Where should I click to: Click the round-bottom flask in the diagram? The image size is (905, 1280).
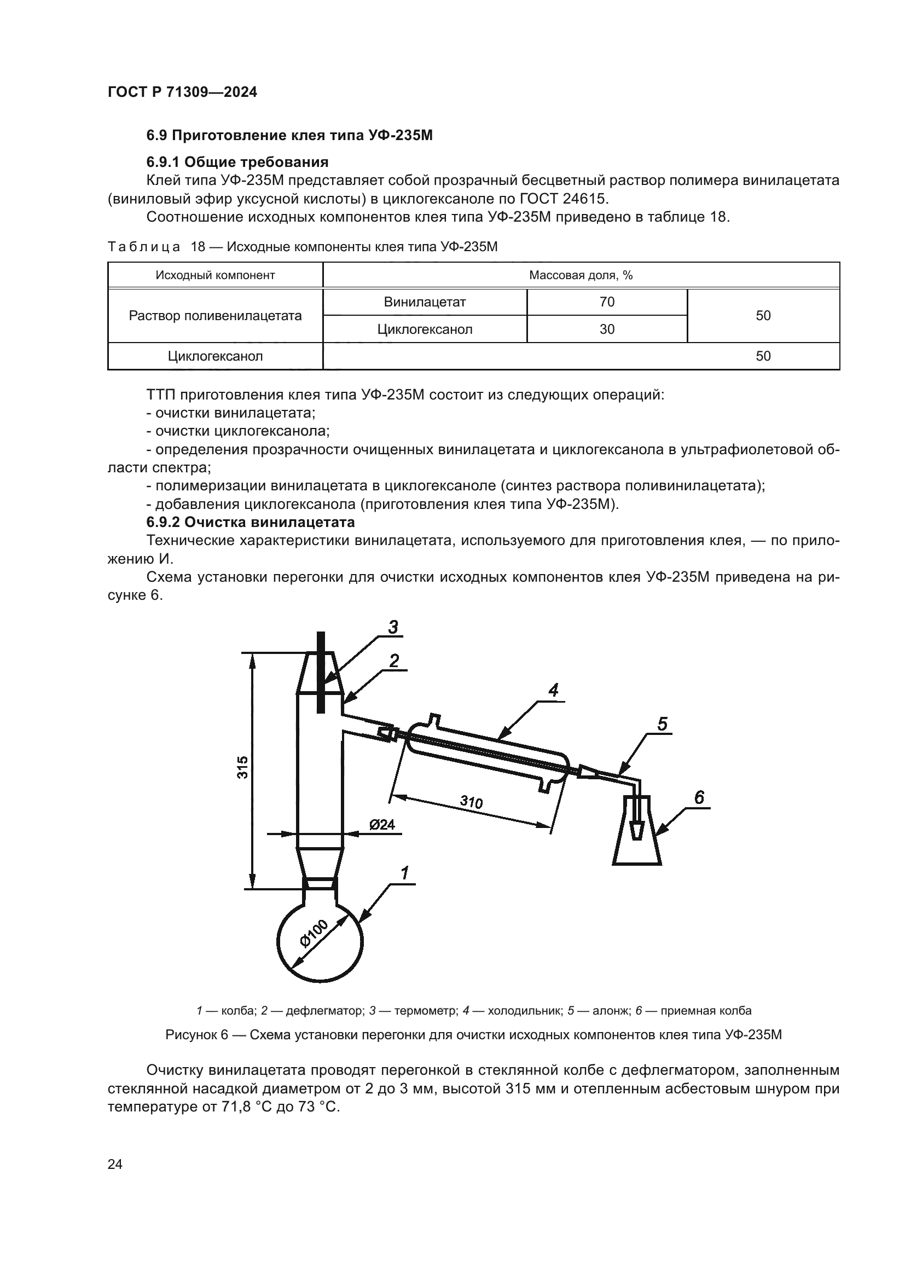(x=320, y=942)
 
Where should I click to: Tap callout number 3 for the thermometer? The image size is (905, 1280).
(x=393, y=627)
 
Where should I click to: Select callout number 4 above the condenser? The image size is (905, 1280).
(x=553, y=691)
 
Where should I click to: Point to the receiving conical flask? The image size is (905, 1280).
(x=637, y=837)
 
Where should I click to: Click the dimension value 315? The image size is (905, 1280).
(x=242, y=767)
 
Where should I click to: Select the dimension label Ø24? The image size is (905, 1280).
(x=382, y=825)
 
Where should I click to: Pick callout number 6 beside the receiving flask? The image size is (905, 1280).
(x=699, y=798)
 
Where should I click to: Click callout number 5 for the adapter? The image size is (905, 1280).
(x=662, y=724)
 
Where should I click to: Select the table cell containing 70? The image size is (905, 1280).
(x=607, y=302)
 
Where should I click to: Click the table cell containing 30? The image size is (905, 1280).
(x=607, y=329)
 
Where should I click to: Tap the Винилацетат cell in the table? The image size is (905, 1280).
(x=425, y=302)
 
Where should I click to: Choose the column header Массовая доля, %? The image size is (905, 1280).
(x=581, y=275)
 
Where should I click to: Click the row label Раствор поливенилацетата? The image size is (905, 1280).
(x=215, y=316)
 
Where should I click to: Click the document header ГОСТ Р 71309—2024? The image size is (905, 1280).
(x=182, y=92)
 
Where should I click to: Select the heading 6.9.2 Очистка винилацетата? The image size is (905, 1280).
(x=250, y=523)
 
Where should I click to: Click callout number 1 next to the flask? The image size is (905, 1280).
(x=404, y=873)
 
